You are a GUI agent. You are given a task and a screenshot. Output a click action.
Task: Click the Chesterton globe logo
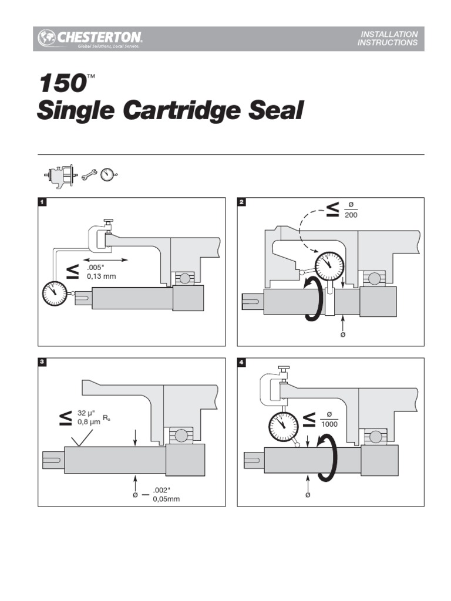pyautogui.click(x=47, y=38)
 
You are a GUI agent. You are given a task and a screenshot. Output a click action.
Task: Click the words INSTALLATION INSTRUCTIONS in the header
pyautogui.click(x=388, y=39)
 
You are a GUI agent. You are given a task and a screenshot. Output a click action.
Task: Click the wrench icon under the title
pyautogui.click(x=90, y=175)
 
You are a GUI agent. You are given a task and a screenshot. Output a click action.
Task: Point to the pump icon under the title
pyautogui.click(x=60, y=175)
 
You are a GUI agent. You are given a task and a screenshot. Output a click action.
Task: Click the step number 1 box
pyautogui.click(x=42, y=202)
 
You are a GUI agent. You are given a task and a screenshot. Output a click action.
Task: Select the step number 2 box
pyautogui.click(x=242, y=202)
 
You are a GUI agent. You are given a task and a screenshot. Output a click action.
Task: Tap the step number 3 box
pyautogui.click(x=42, y=363)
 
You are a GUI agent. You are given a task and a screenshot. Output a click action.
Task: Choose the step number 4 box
pyautogui.click(x=242, y=363)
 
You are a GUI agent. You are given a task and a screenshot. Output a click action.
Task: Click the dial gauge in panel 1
pyautogui.click(x=55, y=293)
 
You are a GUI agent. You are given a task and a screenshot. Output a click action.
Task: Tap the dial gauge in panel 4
pyautogui.click(x=282, y=426)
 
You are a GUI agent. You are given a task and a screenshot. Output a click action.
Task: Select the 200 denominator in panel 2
pyautogui.click(x=351, y=215)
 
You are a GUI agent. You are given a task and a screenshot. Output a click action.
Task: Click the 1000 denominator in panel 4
pyautogui.click(x=329, y=424)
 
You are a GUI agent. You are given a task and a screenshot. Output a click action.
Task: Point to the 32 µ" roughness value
pyautogui.click(x=88, y=413)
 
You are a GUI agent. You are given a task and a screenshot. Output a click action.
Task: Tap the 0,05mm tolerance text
pyautogui.click(x=166, y=499)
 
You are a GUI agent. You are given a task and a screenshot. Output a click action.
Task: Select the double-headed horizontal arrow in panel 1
pyautogui.click(x=106, y=259)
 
